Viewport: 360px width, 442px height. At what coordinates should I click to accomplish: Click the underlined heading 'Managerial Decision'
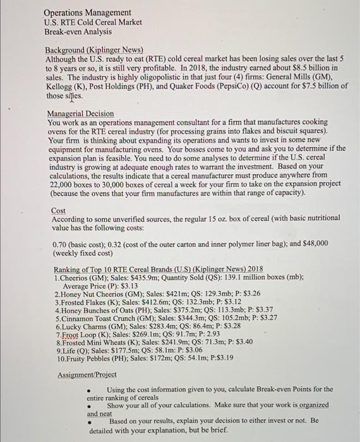tap(81, 114)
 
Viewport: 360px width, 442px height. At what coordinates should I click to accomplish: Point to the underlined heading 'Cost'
tap(58, 210)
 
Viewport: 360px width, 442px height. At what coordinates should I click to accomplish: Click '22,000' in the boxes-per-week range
tap(63, 184)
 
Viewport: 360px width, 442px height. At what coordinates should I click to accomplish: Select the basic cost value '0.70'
tap(60, 243)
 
